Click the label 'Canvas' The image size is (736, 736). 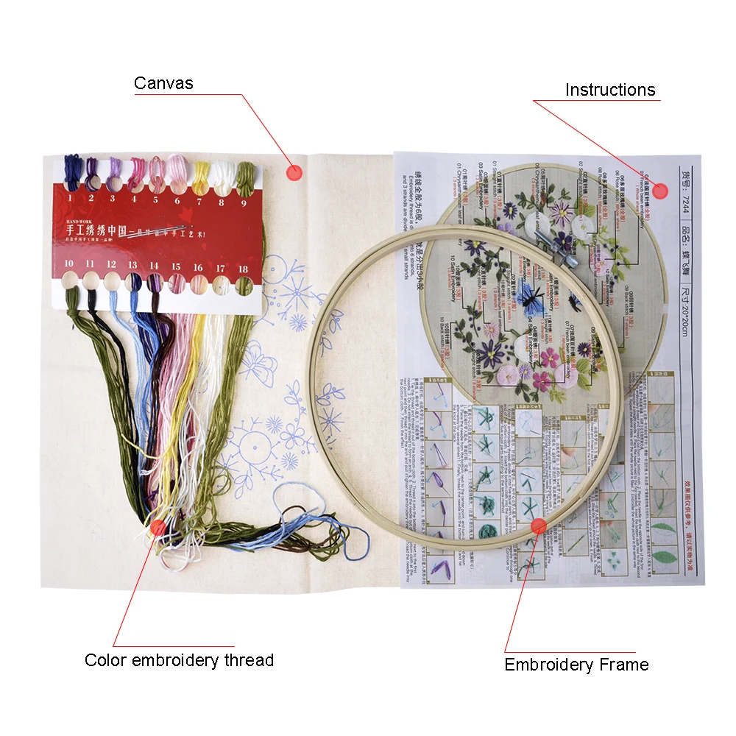click(x=163, y=83)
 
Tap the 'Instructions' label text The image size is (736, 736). click(x=609, y=90)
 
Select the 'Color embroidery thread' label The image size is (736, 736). click(x=179, y=660)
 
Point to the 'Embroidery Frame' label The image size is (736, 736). click(x=576, y=665)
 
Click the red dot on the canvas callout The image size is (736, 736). click(x=294, y=173)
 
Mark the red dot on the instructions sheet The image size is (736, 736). click(x=659, y=191)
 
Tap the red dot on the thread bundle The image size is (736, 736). click(x=158, y=527)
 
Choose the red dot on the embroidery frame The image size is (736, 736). click(x=539, y=526)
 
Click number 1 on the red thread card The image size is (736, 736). click(x=70, y=198)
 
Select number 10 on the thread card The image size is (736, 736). click(x=68, y=263)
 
